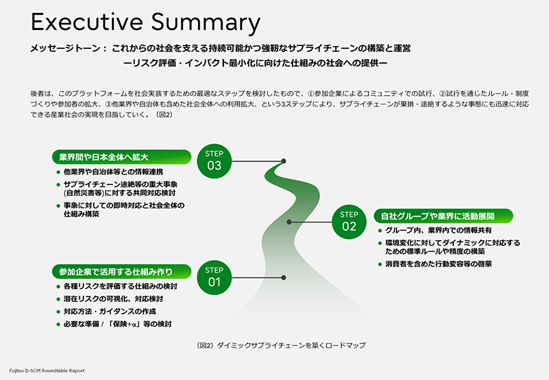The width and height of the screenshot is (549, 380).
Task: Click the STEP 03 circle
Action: click(214, 160)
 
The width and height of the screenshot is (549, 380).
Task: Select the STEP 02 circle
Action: click(349, 221)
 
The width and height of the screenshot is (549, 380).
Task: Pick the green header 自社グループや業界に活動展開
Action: click(443, 216)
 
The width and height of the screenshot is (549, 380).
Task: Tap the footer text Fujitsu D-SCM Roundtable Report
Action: click(47, 371)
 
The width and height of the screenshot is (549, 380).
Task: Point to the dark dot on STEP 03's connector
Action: click(283, 161)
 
